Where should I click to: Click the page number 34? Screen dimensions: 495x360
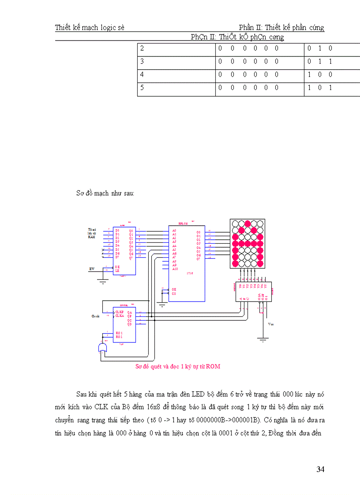point(320,469)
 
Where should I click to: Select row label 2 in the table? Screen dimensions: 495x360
point(142,48)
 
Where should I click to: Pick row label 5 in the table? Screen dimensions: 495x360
point(142,88)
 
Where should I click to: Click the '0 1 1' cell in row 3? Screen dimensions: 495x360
point(320,62)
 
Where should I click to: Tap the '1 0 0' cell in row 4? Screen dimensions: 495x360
point(320,75)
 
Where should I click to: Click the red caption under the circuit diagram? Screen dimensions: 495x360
point(177,366)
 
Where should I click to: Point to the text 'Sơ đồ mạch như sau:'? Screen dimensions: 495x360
point(105,194)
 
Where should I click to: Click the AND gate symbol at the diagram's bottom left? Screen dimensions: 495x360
point(102,348)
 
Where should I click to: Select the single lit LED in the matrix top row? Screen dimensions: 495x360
point(247,223)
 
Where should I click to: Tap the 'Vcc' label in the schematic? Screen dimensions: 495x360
point(271,324)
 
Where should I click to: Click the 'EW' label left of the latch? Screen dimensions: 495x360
point(92,268)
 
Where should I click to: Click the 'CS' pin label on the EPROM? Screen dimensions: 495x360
point(174,293)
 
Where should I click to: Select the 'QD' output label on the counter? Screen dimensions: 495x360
point(130,324)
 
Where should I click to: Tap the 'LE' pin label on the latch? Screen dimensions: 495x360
point(117,271)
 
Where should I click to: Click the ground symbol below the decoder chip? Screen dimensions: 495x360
point(262,339)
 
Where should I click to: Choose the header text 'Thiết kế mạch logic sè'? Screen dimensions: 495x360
point(90,28)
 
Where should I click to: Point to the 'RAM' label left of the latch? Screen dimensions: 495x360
point(92,237)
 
